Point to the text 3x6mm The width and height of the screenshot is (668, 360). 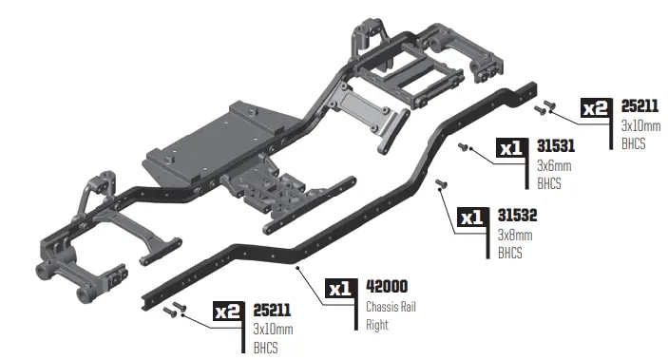[554, 165]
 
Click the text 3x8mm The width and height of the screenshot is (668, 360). [515, 235]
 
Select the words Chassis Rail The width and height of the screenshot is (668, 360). [391, 306]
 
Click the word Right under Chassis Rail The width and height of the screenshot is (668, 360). [378, 324]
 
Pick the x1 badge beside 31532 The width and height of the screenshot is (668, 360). [472, 218]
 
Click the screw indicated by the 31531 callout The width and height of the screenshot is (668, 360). [465, 147]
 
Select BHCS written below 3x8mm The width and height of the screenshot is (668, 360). [511, 253]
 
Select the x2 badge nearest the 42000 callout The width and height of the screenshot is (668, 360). [228, 311]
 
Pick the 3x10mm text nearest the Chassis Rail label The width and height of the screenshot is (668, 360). [273, 329]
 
